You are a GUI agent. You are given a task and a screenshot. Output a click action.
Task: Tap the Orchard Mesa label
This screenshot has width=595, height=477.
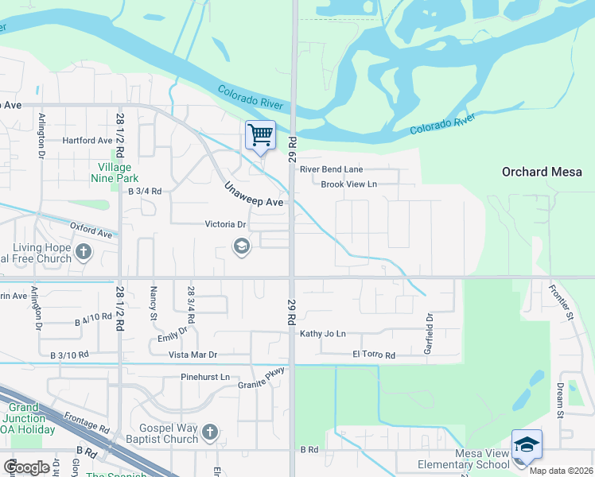click(542, 172)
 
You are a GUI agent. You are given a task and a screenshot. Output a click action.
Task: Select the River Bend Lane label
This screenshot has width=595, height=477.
click(331, 169)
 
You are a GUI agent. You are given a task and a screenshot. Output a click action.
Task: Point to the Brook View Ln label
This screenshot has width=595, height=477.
click(348, 184)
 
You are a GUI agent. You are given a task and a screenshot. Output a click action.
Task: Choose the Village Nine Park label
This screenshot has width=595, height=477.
click(119, 173)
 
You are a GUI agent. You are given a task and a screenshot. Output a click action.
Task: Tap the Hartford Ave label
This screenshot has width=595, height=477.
click(88, 141)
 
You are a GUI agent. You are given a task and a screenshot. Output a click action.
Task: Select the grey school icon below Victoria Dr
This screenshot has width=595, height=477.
click(240, 247)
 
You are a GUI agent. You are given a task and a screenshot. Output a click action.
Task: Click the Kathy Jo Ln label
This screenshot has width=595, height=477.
click(323, 334)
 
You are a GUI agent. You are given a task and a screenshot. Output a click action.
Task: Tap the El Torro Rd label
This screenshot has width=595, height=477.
click(374, 355)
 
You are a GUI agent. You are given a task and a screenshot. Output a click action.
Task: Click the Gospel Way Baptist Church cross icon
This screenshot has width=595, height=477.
click(210, 432)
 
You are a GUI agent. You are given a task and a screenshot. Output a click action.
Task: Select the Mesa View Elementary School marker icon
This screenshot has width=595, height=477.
click(527, 444)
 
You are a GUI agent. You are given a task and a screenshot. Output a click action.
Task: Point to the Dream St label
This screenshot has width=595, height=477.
click(560, 400)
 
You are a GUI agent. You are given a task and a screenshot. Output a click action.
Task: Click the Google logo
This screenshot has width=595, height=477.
click(27, 467)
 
